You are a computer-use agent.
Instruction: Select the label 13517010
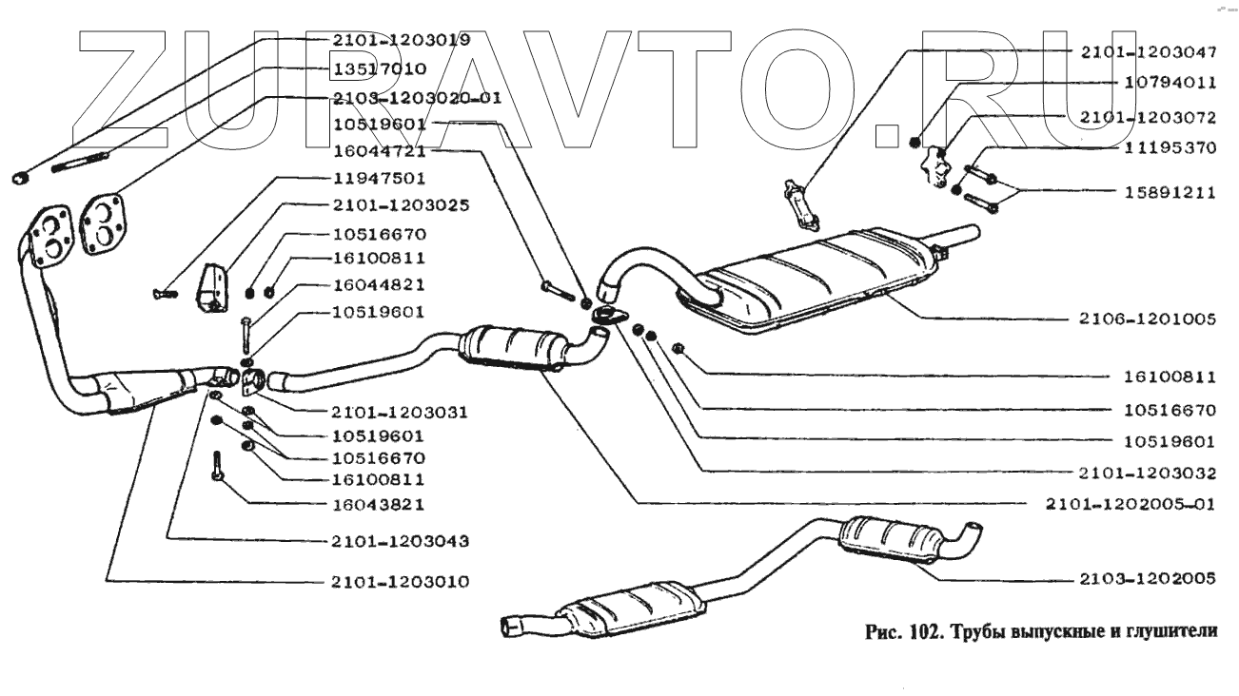coord(379,69)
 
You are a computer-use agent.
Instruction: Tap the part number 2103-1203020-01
coord(417,98)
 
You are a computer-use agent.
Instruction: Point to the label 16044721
coord(379,151)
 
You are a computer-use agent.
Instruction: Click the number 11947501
coord(379,178)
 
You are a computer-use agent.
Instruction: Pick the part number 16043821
coord(379,504)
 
